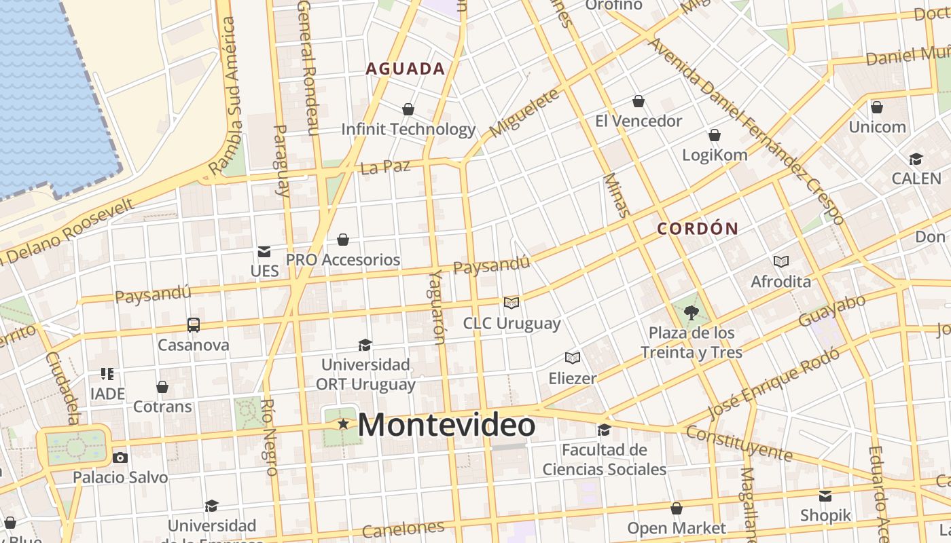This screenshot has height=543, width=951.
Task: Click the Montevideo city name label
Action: [446, 426]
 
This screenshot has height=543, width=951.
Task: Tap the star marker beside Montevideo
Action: [344, 424]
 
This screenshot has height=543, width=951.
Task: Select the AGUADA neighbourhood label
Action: [406, 69]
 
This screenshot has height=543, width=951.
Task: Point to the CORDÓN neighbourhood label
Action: [698, 229]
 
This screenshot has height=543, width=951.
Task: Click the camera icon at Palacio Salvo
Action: [120, 457]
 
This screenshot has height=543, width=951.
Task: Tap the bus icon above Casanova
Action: [194, 325]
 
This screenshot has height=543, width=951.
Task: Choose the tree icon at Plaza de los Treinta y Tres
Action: [692, 313]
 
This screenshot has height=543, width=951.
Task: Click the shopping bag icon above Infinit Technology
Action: [408, 109]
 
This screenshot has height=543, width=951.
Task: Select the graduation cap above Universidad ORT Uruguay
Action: [365, 345]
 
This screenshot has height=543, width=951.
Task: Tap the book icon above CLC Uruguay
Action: [512, 303]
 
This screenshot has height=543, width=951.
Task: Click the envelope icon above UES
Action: [264, 252]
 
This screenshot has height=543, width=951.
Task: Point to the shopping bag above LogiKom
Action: [715, 135]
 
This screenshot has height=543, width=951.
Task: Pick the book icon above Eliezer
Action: [573, 358]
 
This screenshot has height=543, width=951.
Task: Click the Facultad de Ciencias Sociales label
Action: [604, 460]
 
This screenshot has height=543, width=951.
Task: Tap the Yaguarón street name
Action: [438, 307]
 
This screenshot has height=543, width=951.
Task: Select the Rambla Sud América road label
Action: [229, 95]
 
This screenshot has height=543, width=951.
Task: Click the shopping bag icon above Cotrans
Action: [162, 387]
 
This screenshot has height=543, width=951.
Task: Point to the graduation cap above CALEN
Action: [916, 160]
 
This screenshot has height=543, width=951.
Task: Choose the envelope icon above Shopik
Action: [825, 496]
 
